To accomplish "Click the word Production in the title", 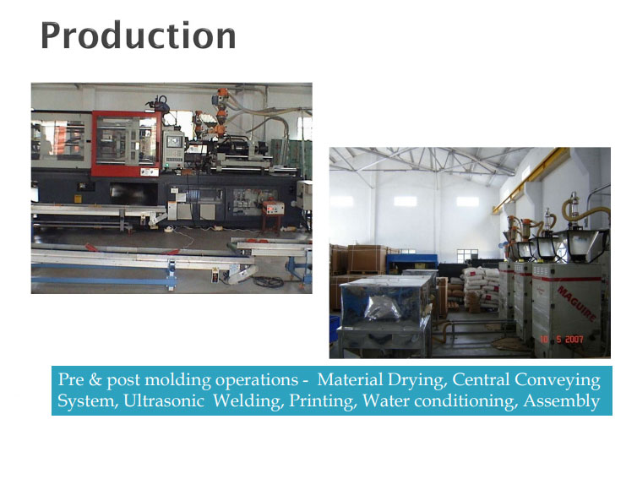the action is (x=138, y=35).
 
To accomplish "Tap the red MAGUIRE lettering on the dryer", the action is (x=577, y=304).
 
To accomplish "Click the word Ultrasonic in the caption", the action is (x=163, y=400).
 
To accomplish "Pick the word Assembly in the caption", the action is (x=562, y=401).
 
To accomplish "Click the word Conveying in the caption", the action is (x=557, y=380).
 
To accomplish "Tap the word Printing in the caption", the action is (x=323, y=401).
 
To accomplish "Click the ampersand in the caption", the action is (x=95, y=379).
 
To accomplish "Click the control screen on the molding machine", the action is (x=174, y=142).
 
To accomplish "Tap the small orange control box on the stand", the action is (x=273, y=208).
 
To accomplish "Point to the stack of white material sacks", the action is (x=480, y=288).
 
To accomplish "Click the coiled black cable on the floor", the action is (x=268, y=281).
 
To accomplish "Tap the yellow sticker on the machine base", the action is (x=78, y=199).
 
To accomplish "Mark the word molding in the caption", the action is (x=178, y=380).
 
